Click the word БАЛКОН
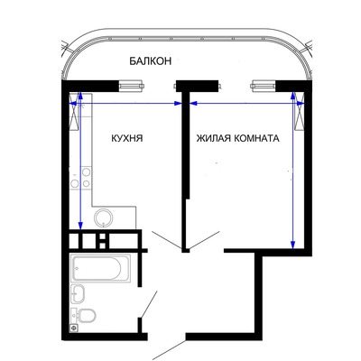pyautogui.click(x=151, y=61)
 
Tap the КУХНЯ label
pyautogui.click(x=127, y=138)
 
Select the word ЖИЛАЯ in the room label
pyautogui.click(x=214, y=138)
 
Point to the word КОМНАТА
pyautogui.click(x=256, y=138)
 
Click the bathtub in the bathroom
pyautogui.click(x=101, y=268)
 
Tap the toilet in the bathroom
pyautogui.click(x=84, y=315)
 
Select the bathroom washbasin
pyautogui.click(x=79, y=293)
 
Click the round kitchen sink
pyautogui.click(x=104, y=218)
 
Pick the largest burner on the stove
pyautogui.click(x=87, y=171)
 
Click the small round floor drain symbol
pyautogui.click(x=74, y=328)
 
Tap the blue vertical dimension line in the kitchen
pyautogui.click(x=80, y=161)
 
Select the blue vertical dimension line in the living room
pyautogui.click(x=293, y=171)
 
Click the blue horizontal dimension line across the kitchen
pyautogui.click(x=125, y=104)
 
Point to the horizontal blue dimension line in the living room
pyautogui.click(x=247, y=104)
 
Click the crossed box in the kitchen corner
pyautogui.click(x=74, y=111)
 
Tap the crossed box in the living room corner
pyautogui.click(x=300, y=111)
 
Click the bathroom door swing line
pyautogui.click(x=149, y=304)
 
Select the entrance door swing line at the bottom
pyautogui.click(x=169, y=350)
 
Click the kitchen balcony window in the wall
pyautogui.click(x=131, y=86)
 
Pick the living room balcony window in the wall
pyautogui.click(x=264, y=86)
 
